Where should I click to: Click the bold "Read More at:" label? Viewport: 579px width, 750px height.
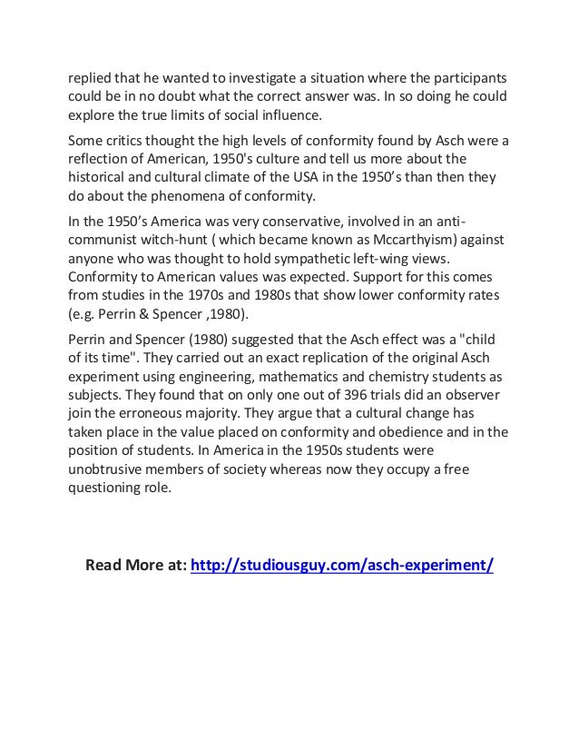tap(136, 565)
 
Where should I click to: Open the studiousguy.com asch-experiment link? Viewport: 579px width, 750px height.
tap(342, 565)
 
